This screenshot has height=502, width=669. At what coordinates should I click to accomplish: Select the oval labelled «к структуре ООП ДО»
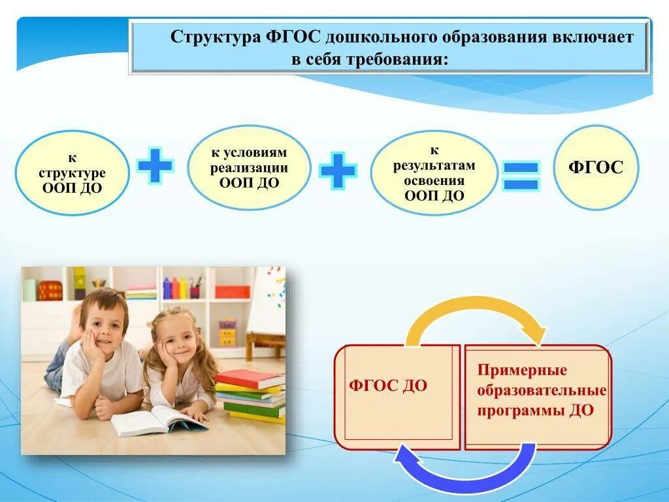tap(72, 173)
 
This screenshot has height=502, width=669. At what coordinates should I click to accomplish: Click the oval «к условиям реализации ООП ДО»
tap(249, 168)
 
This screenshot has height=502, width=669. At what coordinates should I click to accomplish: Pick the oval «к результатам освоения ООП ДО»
tap(434, 173)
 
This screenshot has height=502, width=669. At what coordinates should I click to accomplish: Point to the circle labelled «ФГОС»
tap(596, 167)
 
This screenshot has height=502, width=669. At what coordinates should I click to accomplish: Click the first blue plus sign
tap(155, 165)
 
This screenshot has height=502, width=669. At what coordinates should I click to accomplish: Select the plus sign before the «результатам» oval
tap(338, 171)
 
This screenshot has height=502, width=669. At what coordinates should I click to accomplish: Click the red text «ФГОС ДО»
tap(388, 386)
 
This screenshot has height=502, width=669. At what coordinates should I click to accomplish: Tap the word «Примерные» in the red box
tap(522, 370)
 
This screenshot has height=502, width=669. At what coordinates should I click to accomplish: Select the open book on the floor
tap(159, 420)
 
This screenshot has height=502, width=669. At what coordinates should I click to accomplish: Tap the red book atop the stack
tap(250, 379)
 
